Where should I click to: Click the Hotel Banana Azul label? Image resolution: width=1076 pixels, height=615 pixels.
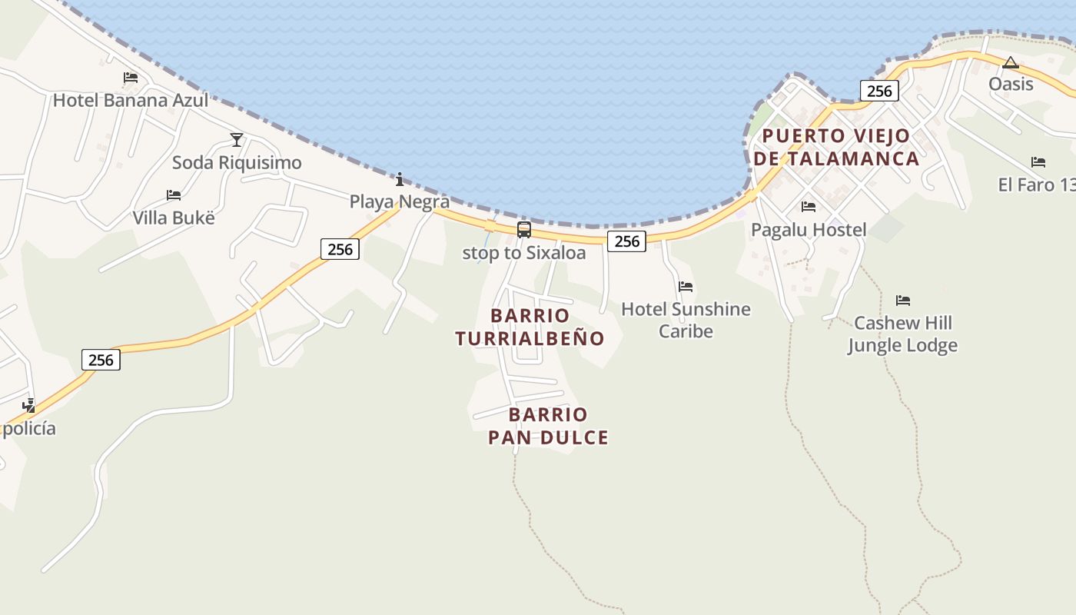click(x=131, y=100)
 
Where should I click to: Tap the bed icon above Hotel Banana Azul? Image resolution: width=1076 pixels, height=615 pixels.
click(x=131, y=78)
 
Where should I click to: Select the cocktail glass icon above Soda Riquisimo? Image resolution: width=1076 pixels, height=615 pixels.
click(x=237, y=140)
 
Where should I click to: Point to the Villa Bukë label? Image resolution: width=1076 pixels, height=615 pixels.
click(x=174, y=218)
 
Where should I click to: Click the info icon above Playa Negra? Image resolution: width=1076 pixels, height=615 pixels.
click(x=400, y=180)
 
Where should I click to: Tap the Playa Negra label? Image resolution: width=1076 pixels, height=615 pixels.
click(x=400, y=201)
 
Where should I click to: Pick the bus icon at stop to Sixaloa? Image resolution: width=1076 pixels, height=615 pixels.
click(x=524, y=229)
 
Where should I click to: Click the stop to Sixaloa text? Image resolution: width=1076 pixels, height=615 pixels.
click(x=524, y=253)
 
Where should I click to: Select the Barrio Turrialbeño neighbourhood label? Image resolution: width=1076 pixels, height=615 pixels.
click(x=530, y=327)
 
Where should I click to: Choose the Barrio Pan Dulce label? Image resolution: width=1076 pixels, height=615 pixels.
click(x=548, y=426)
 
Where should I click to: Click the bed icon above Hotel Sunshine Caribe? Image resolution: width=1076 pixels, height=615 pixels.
click(x=686, y=287)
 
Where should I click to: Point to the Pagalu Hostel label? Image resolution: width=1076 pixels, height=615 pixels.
click(x=809, y=230)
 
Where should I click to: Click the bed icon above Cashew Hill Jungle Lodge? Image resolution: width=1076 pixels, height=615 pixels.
click(x=903, y=301)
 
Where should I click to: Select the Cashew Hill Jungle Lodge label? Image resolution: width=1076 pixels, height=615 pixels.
click(x=903, y=334)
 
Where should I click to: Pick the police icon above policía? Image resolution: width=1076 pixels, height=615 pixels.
click(x=29, y=405)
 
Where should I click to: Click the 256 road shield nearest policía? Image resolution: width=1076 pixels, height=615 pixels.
click(x=101, y=360)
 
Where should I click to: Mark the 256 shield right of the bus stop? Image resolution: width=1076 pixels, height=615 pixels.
click(x=627, y=241)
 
